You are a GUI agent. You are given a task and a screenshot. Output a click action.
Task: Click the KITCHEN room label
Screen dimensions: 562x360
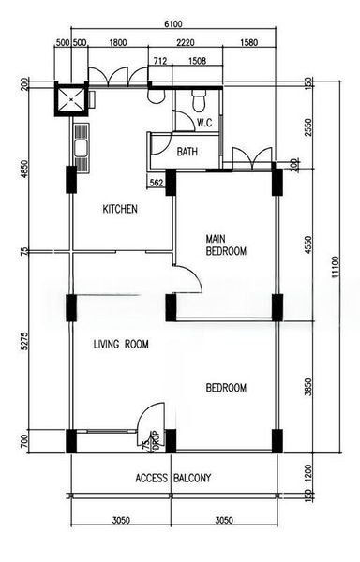120,209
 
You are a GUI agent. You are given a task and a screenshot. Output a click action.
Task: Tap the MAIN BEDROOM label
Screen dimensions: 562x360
226,245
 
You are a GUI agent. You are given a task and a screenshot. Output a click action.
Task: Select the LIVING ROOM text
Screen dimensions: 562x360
121,345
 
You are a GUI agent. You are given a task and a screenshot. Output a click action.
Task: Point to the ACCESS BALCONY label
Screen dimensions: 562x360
172,478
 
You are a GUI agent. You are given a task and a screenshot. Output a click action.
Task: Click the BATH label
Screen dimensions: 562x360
187,152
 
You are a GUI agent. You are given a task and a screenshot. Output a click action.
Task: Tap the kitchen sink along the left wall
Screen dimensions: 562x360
79,145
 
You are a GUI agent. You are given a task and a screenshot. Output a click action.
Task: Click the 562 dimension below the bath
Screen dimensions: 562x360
157,184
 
